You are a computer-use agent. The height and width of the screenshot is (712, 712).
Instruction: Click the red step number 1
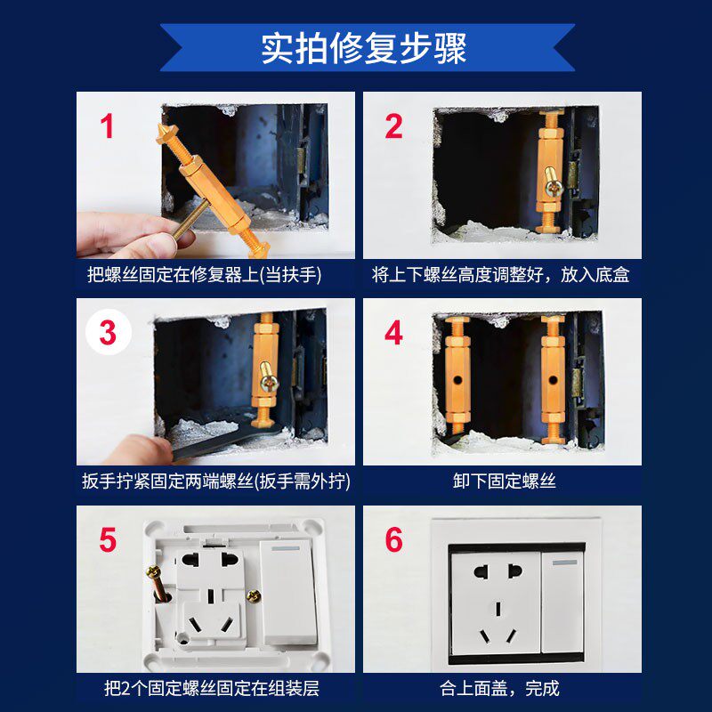click(x=107, y=125)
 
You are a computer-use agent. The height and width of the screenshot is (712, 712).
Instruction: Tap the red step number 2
click(x=393, y=125)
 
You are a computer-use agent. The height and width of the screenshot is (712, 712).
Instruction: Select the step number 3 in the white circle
click(x=108, y=332)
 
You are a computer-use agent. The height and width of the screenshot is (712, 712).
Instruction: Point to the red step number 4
click(x=393, y=332)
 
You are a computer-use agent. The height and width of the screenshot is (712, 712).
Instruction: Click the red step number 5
click(x=108, y=539)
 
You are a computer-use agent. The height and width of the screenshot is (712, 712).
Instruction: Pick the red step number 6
click(x=393, y=539)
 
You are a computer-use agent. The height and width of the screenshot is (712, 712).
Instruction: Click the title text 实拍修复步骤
click(x=364, y=48)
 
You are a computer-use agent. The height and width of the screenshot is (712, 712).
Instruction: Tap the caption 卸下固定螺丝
click(x=504, y=481)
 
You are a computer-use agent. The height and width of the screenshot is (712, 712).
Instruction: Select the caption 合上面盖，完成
click(x=499, y=688)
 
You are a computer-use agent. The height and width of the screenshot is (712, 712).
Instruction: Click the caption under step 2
click(x=500, y=274)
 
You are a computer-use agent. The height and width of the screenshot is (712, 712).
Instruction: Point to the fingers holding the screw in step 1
click(x=132, y=234)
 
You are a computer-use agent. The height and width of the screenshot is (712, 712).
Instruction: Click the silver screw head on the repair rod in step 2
click(x=554, y=187)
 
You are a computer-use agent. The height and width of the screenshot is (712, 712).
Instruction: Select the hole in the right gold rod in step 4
click(x=553, y=379)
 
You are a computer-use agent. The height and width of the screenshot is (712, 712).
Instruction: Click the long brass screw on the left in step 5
click(x=158, y=584)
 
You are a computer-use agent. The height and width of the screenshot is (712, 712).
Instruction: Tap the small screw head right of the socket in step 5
click(x=253, y=595)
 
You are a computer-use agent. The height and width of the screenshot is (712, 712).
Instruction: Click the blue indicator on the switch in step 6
click(x=564, y=562)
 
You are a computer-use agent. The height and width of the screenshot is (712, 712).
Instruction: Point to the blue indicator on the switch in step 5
click(x=286, y=548)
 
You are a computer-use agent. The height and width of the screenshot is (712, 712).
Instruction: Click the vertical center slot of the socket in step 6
click(x=498, y=609)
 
